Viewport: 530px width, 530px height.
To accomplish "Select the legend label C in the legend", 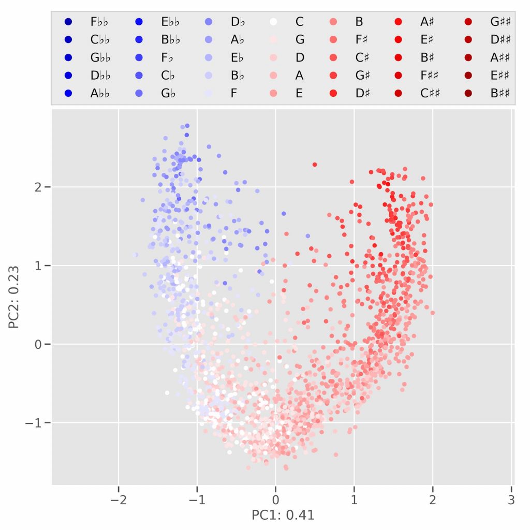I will [299, 22].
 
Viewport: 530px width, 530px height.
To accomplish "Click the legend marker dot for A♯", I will [398, 22].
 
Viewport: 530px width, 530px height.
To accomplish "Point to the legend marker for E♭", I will [207, 57].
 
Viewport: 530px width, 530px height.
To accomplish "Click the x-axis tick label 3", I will [511, 500].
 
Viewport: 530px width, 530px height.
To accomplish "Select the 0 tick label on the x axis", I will [275, 500].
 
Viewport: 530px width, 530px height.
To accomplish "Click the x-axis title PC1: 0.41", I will [283, 516].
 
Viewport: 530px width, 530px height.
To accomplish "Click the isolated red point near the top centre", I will [315, 165].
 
